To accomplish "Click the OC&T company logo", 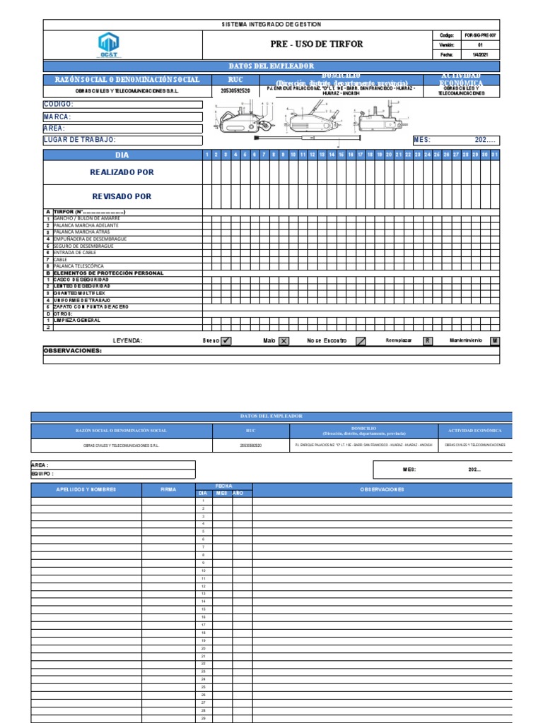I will [x=109, y=45].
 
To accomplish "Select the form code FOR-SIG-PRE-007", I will [x=480, y=35].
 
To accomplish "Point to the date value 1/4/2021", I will [x=480, y=54].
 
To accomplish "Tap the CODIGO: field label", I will [x=59, y=104].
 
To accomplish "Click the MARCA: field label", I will [x=57, y=116].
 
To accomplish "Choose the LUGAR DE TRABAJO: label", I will [x=79, y=140].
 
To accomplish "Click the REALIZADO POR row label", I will [x=122, y=172].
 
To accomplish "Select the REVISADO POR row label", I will [x=122, y=196].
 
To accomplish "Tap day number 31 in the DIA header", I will [x=494, y=154].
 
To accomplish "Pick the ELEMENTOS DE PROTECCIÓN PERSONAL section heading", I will [x=108, y=273].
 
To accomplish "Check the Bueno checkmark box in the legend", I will [x=226, y=340].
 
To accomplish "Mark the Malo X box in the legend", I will [x=284, y=340].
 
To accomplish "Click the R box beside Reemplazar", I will [x=427, y=340].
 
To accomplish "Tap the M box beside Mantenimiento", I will [x=495, y=340].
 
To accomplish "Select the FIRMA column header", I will [x=168, y=489].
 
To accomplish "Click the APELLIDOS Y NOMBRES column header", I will [x=86, y=489].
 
